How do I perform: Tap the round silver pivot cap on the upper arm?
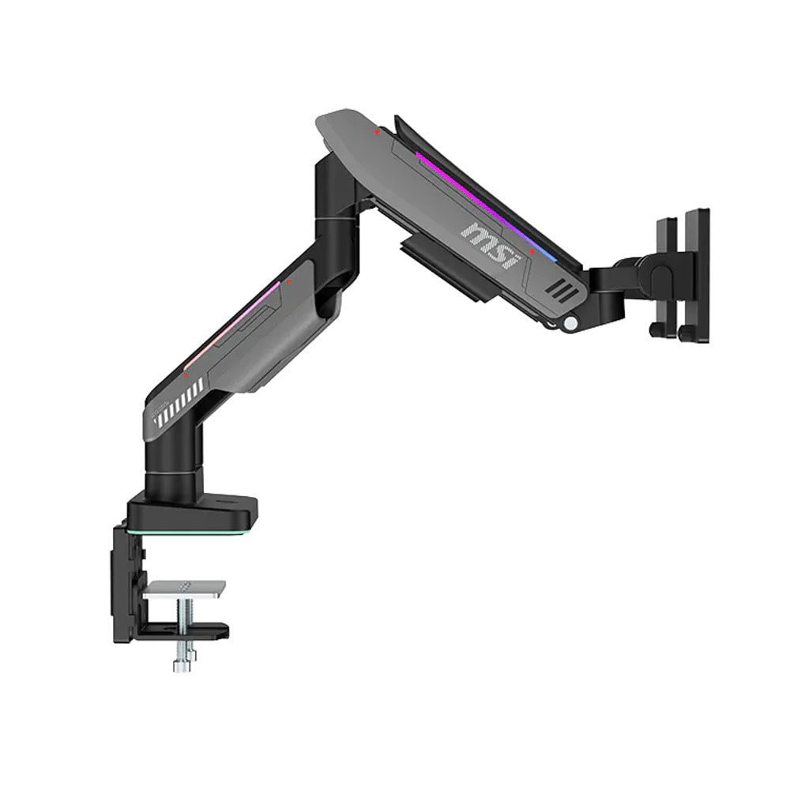[571, 323]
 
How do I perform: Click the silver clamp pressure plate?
[184, 589]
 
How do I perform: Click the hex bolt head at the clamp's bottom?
[182, 666]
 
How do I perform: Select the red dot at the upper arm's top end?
[376, 133]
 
